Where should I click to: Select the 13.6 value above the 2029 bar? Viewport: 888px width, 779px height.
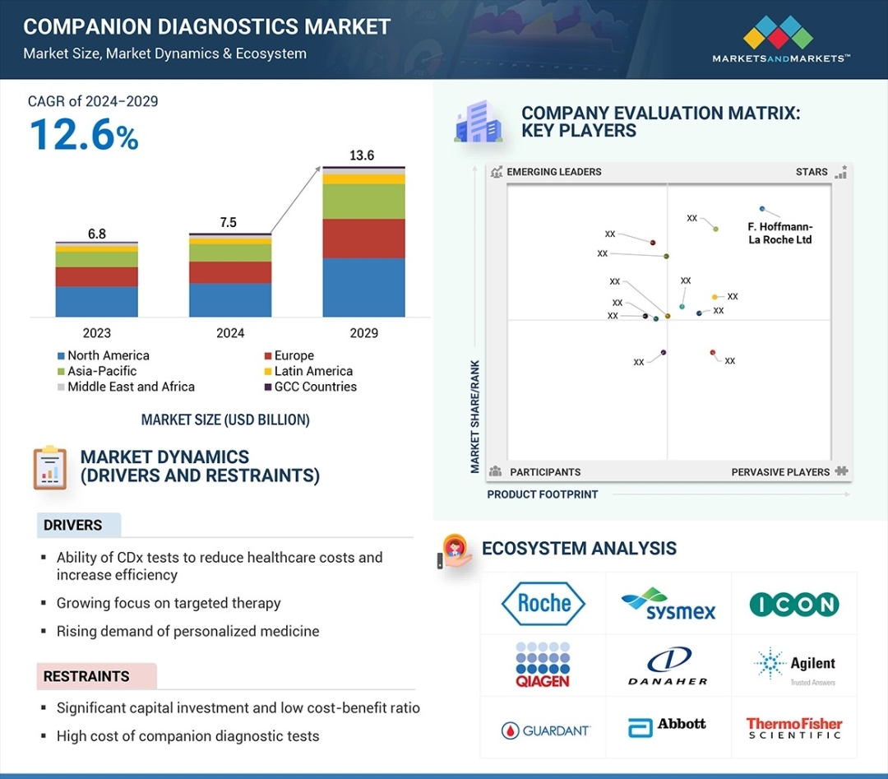[363, 155]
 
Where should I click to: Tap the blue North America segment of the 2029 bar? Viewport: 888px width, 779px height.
[363, 287]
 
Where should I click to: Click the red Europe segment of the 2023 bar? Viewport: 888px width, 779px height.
[96, 276]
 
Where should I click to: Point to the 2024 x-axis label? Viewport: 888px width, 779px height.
[230, 333]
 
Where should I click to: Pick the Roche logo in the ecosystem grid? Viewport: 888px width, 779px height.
[543, 604]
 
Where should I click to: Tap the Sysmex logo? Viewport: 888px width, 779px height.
[668, 604]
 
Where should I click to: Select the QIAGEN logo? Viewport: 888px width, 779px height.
[543, 665]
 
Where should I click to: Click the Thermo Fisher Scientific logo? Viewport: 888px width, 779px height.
[794, 728]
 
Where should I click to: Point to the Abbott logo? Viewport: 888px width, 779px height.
[668, 726]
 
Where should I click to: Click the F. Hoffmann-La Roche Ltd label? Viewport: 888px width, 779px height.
[779, 234]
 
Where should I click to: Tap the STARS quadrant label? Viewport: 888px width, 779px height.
[812, 172]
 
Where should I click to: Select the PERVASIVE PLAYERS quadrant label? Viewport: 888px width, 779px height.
[780, 472]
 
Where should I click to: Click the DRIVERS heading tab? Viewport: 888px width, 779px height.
[73, 525]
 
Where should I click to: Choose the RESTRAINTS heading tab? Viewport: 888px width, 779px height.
[86, 676]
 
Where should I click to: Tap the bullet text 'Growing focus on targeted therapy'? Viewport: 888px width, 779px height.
[169, 603]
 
